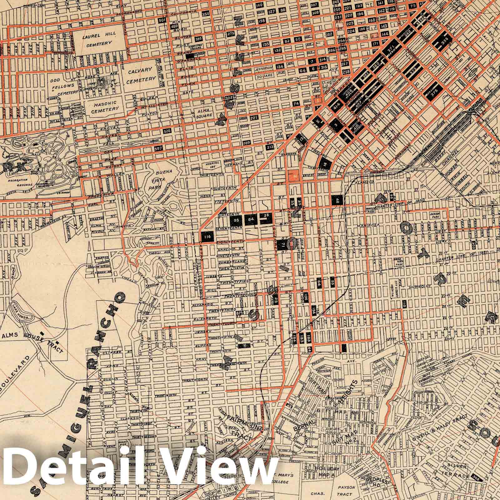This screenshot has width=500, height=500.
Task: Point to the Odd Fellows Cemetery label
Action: (x=62, y=89)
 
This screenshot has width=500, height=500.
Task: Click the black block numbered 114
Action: (x=206, y=237)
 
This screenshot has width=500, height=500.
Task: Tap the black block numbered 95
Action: (x=236, y=220)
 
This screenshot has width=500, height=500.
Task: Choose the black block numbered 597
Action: (x=158, y=149)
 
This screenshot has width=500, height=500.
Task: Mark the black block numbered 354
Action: (x=206, y=14)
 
